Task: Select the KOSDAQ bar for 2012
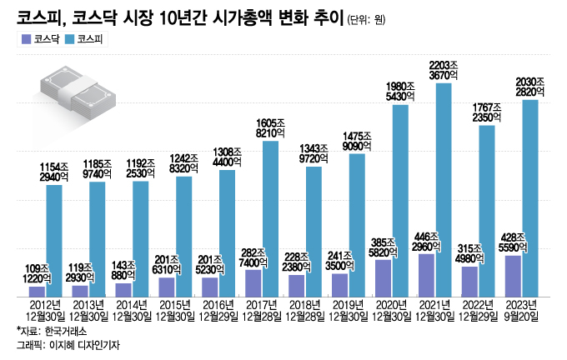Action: [37, 292]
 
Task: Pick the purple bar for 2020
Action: [383, 278]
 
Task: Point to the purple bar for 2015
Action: [166, 287]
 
